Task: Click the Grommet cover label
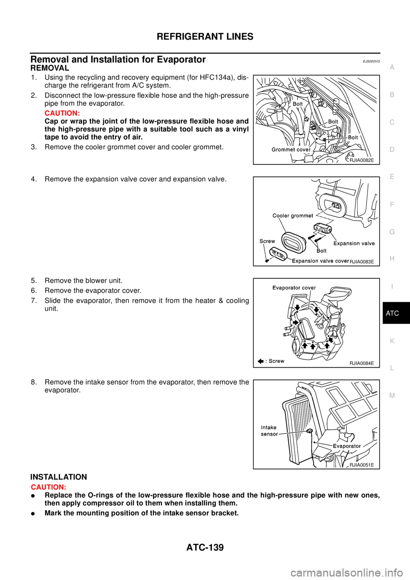(x=291, y=149)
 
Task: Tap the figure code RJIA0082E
(x=361, y=161)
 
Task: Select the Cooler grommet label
(x=293, y=216)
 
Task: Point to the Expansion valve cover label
(x=320, y=261)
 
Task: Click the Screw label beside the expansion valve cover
(x=267, y=241)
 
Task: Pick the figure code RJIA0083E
(x=362, y=261)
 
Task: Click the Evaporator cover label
(x=294, y=288)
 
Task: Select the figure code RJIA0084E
(x=361, y=363)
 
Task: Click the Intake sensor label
(x=269, y=431)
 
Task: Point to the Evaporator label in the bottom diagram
(x=347, y=446)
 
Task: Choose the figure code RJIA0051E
(x=361, y=465)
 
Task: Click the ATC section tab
(x=392, y=313)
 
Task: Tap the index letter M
(x=392, y=395)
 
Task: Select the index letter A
(x=392, y=67)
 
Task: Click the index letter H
(x=392, y=259)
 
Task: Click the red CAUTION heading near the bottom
(x=48, y=487)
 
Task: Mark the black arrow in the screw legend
(x=261, y=361)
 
